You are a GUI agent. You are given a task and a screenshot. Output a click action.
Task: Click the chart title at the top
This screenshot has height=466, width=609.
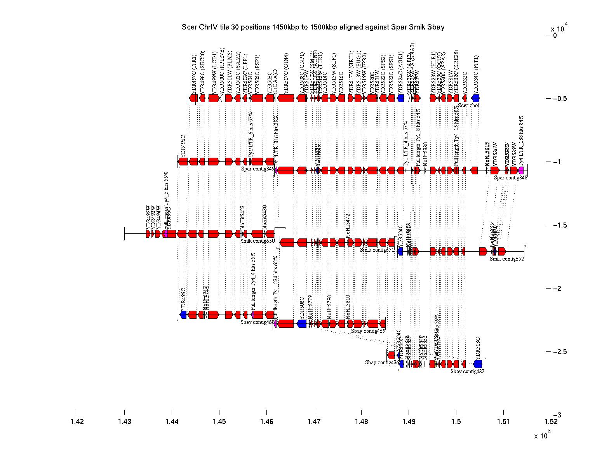click(313, 27)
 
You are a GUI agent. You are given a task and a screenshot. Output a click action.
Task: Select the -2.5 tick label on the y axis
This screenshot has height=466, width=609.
click(560, 352)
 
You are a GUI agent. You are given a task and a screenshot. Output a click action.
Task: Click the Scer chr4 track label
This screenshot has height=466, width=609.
click(469, 105)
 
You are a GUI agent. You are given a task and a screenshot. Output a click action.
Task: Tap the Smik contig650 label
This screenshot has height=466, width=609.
click(258, 241)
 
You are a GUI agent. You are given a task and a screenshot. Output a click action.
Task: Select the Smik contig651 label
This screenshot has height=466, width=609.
click(377, 250)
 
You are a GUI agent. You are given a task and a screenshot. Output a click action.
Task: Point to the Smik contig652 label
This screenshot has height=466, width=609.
click(507, 259)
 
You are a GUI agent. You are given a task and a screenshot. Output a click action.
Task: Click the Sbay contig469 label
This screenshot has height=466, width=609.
click(368, 331)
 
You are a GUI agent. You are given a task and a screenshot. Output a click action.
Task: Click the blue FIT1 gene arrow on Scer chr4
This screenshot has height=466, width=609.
click(476, 98)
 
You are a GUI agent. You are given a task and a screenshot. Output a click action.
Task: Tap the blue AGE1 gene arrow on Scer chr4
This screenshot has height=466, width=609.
click(401, 98)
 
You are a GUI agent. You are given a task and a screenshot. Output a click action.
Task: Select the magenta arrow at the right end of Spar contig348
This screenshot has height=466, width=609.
click(521, 170)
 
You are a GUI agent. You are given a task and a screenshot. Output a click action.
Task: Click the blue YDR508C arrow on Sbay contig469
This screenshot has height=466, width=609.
click(302, 323)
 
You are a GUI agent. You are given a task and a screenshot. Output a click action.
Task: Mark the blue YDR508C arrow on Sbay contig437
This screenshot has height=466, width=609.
click(478, 364)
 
